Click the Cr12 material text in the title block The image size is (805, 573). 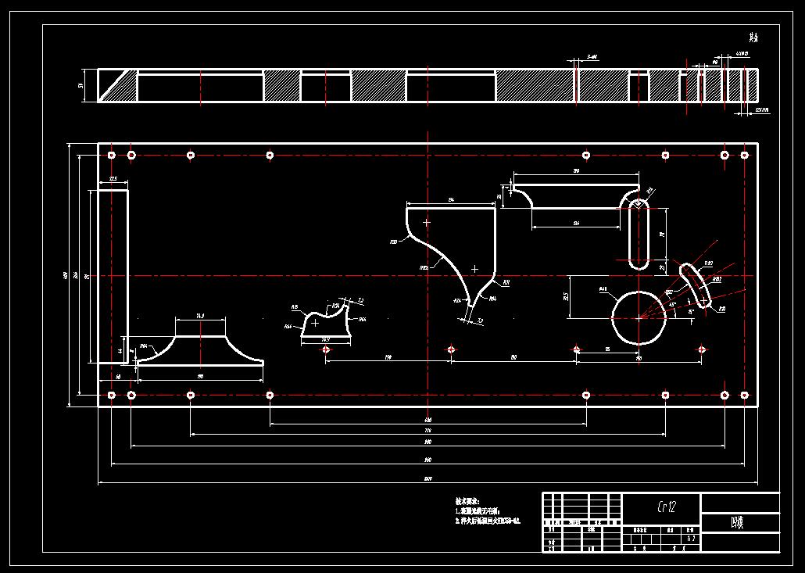click(661, 507)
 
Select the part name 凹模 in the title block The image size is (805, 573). click(736, 522)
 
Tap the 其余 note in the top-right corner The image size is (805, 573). click(753, 37)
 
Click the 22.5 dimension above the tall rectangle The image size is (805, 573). click(113, 180)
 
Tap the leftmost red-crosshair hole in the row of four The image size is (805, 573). click(325, 349)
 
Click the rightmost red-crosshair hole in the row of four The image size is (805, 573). click(702, 349)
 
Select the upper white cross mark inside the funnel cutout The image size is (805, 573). click(427, 223)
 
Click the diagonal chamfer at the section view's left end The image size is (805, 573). click(117, 85)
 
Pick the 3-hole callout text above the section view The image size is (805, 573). click(592, 57)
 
